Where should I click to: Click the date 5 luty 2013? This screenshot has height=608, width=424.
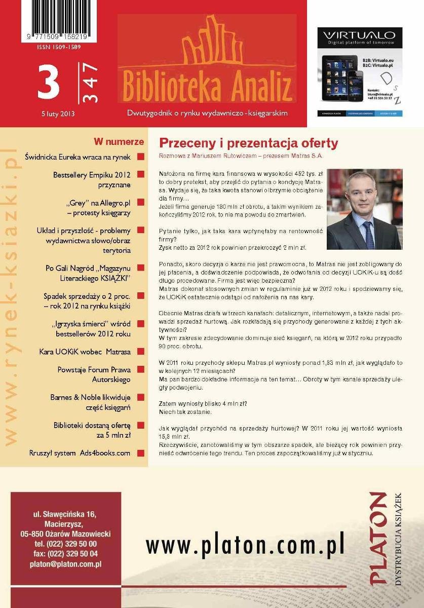point(58,114)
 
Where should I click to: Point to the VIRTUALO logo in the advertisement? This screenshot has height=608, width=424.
point(360,36)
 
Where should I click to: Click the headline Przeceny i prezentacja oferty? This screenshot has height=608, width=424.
point(248,143)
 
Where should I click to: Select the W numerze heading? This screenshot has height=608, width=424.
point(119,142)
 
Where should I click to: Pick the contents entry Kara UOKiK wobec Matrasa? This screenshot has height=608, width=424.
point(85,351)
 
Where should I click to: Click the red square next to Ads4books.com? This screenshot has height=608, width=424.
point(140,453)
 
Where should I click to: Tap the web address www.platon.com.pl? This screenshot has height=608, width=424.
point(245,545)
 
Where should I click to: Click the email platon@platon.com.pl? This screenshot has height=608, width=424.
point(66,563)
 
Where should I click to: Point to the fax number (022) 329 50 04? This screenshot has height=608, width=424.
point(65,554)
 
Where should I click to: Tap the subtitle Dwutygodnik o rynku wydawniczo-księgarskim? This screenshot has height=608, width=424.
point(207,113)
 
